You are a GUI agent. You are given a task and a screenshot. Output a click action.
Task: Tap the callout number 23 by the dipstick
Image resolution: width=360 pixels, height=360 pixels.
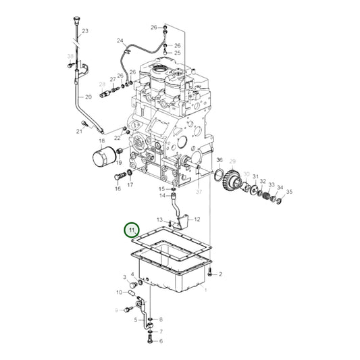[x=85, y=32]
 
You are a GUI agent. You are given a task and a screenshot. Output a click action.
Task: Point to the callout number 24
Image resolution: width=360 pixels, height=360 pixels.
[x=120, y=41]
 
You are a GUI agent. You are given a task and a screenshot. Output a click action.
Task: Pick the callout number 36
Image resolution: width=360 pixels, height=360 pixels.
[x=220, y=160]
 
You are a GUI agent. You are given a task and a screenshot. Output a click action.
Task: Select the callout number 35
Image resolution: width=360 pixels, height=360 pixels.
[x=289, y=192]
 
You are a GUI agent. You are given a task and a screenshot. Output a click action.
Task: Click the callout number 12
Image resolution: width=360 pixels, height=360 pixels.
[x=197, y=220]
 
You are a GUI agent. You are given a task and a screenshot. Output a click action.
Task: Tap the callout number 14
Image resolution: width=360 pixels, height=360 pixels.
[x=162, y=196]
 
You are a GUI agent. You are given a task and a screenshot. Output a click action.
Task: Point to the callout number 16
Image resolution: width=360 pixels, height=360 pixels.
[x=118, y=189]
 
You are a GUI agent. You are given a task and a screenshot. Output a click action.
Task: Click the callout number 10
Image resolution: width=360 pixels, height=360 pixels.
[x=119, y=292]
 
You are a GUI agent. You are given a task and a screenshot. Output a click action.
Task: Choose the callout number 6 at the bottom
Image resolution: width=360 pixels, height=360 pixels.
[x=161, y=342]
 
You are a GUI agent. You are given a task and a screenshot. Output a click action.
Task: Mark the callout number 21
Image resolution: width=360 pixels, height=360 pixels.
[x=79, y=131]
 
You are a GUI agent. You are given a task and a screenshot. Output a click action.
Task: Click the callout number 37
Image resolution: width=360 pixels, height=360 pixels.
[x=199, y=192]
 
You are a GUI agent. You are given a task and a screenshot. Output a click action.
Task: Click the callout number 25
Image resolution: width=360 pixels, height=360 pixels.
[x=177, y=52]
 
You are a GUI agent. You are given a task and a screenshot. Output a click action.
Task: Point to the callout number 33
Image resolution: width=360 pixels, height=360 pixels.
[x=271, y=184]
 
